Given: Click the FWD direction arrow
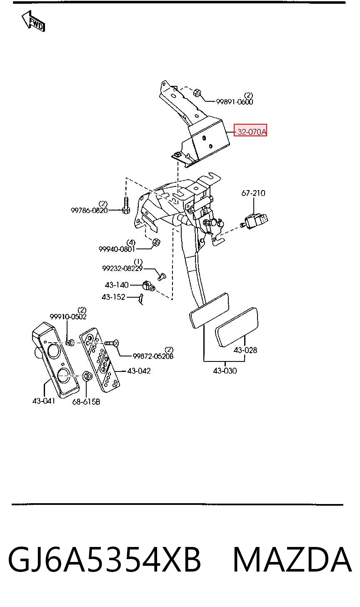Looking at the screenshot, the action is tap(33, 21).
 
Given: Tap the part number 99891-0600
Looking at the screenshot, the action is tap(235, 102).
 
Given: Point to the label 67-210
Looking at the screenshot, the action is tap(253, 193).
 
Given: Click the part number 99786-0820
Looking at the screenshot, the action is tap(89, 210).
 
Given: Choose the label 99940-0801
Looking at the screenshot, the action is tap(117, 249).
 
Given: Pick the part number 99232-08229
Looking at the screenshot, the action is tap(122, 268).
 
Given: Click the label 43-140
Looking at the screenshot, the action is tap(117, 285).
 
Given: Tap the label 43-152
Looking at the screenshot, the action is tap(113, 297).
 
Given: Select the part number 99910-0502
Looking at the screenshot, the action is tap(68, 316).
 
